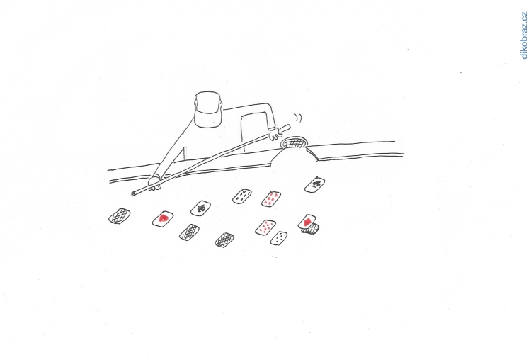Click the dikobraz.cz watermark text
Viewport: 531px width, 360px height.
pyautogui.click(x=524, y=35)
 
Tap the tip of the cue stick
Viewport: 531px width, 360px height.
pyautogui.click(x=132, y=194)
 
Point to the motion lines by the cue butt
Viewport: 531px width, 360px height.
pyautogui.click(x=297, y=118)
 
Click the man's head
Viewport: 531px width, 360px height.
pyautogui.click(x=208, y=109)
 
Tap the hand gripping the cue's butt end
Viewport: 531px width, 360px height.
pyautogui.click(x=275, y=134)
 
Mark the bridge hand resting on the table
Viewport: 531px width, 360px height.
pyautogui.click(x=155, y=183)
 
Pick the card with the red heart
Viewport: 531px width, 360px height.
pyautogui.click(x=163, y=219)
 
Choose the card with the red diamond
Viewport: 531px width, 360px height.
pyautogui.click(x=307, y=222)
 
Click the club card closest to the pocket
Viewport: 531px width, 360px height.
pyautogui.click(x=314, y=185)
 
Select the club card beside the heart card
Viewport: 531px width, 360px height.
pyautogui.click(x=200, y=208)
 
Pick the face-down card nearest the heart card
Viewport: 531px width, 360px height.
pyautogui.click(x=189, y=232)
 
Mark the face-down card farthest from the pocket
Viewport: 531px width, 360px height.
pyautogui.click(x=120, y=215)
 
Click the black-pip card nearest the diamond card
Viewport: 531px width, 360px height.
pyautogui.click(x=279, y=238)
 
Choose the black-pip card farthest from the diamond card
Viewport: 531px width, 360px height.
pyautogui.click(x=242, y=196)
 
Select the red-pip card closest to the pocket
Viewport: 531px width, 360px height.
pyautogui.click(x=271, y=198)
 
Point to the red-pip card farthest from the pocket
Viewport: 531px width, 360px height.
pyautogui.click(x=265, y=227)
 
